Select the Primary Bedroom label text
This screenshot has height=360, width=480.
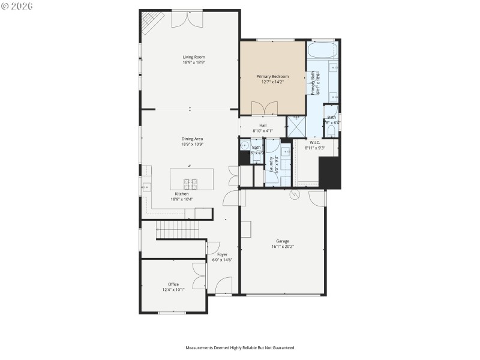[x=272, y=76]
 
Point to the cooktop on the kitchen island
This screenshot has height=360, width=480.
[x=191, y=183]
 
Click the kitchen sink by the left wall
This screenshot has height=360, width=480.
[x=145, y=187]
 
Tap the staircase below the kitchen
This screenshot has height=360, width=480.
[x=177, y=229]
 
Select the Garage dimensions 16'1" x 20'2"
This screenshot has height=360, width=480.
[x=283, y=247]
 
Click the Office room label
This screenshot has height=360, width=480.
[x=173, y=284]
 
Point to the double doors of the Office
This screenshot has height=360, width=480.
[x=199, y=277]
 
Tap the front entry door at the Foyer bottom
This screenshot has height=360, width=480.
[x=223, y=286]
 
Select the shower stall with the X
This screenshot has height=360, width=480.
[x=296, y=127]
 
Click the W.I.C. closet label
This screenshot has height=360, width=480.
[x=315, y=142]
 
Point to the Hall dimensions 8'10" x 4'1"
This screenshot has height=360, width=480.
[x=263, y=131]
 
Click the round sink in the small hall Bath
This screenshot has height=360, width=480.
[x=245, y=146]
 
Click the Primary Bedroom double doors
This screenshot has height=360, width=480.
[x=265, y=108]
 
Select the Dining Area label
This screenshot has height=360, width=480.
[x=193, y=139]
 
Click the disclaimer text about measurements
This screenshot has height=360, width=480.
[x=239, y=347]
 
